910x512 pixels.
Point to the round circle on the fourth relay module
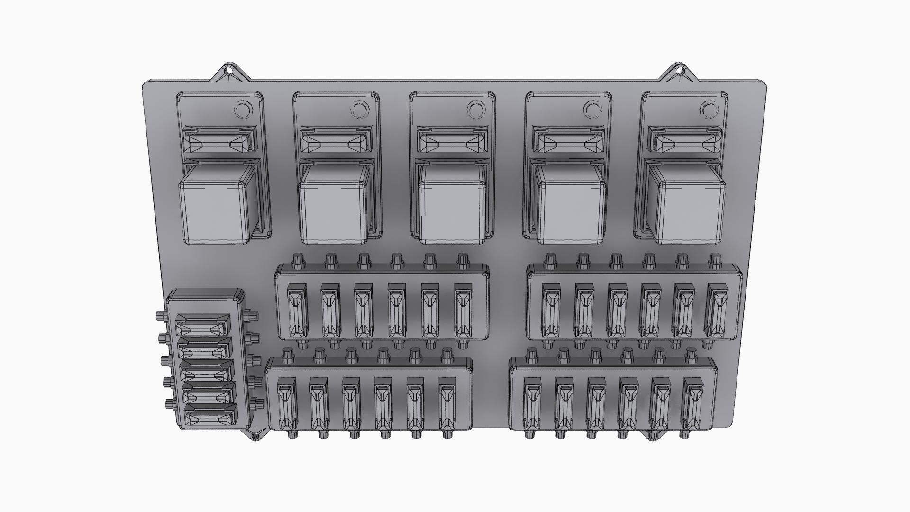point(592,110)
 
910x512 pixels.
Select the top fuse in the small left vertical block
point(203,327)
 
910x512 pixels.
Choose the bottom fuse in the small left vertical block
point(210,417)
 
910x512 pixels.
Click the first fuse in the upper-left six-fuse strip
point(297,310)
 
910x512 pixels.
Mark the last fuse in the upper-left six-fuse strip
point(463,311)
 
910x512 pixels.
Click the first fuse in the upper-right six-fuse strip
point(551,310)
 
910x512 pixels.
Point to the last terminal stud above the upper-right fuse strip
point(715,260)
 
